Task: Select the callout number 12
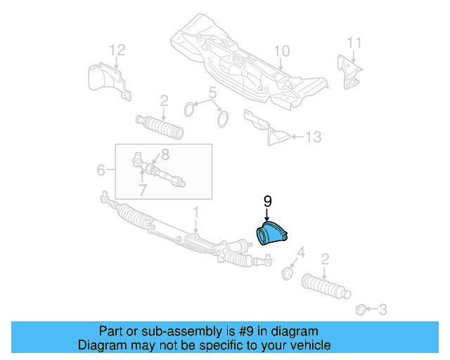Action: [x=117, y=49]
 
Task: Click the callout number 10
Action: [x=281, y=51]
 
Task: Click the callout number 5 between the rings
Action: [x=211, y=93]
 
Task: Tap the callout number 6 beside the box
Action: [x=101, y=169]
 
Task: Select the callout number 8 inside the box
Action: [x=165, y=154]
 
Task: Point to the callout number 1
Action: [x=197, y=211]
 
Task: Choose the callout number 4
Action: [x=301, y=252]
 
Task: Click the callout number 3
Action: [x=382, y=308]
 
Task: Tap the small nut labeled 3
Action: [x=361, y=307]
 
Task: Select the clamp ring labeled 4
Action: [x=287, y=272]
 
